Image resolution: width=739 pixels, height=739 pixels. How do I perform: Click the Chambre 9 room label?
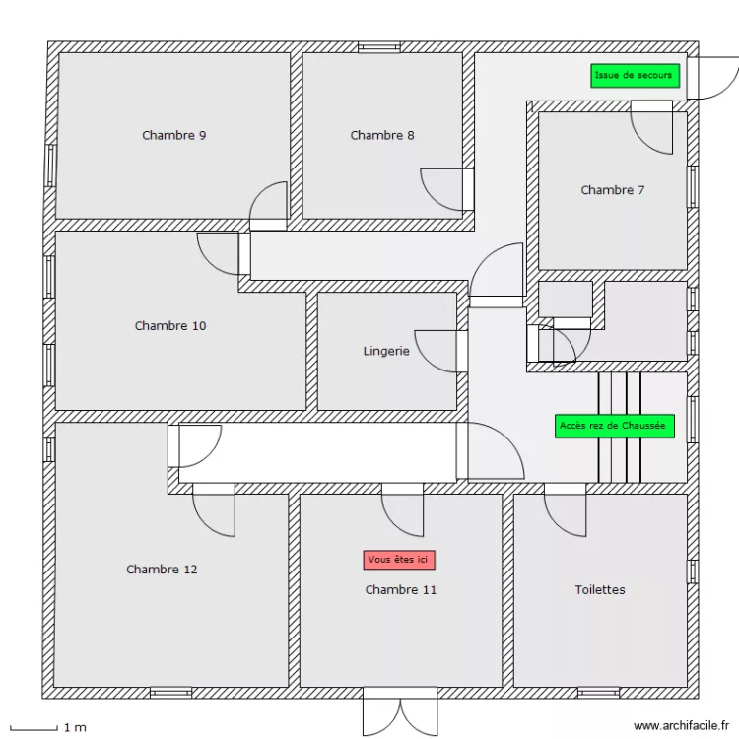coord(173,135)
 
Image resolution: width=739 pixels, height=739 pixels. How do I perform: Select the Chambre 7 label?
coord(612,190)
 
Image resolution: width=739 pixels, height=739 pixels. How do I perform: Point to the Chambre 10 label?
coord(170,325)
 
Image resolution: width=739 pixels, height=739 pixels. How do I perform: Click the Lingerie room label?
coord(386,351)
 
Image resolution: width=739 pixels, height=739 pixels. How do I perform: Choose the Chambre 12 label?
coord(162,569)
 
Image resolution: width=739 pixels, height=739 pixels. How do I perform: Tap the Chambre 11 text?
coord(400,589)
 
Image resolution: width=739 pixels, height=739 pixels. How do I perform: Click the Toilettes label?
coord(600,589)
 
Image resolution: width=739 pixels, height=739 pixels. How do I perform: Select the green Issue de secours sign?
coord(635,76)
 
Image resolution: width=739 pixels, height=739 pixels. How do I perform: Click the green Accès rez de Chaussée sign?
coord(614,426)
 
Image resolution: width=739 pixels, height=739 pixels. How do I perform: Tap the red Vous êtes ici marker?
coord(399,560)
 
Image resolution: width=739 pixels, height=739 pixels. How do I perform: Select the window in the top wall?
coord(378,46)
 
